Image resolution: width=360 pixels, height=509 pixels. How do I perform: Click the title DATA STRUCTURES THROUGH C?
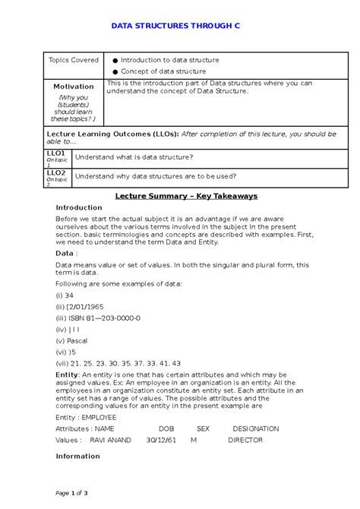coord(175,26)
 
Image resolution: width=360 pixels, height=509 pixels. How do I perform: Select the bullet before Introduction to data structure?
coord(115,61)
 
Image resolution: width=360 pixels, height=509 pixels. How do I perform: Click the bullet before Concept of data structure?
coord(115,71)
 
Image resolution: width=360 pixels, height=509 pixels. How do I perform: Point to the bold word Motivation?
coord(74,87)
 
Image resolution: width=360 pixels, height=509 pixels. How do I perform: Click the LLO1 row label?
coord(56,153)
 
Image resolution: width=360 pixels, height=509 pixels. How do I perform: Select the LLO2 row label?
coord(56,173)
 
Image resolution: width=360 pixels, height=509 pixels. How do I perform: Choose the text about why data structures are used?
coord(155,176)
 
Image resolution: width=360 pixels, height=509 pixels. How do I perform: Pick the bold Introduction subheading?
coord(79,207)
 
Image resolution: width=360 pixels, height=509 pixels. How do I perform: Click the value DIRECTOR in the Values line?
coord(245,440)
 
